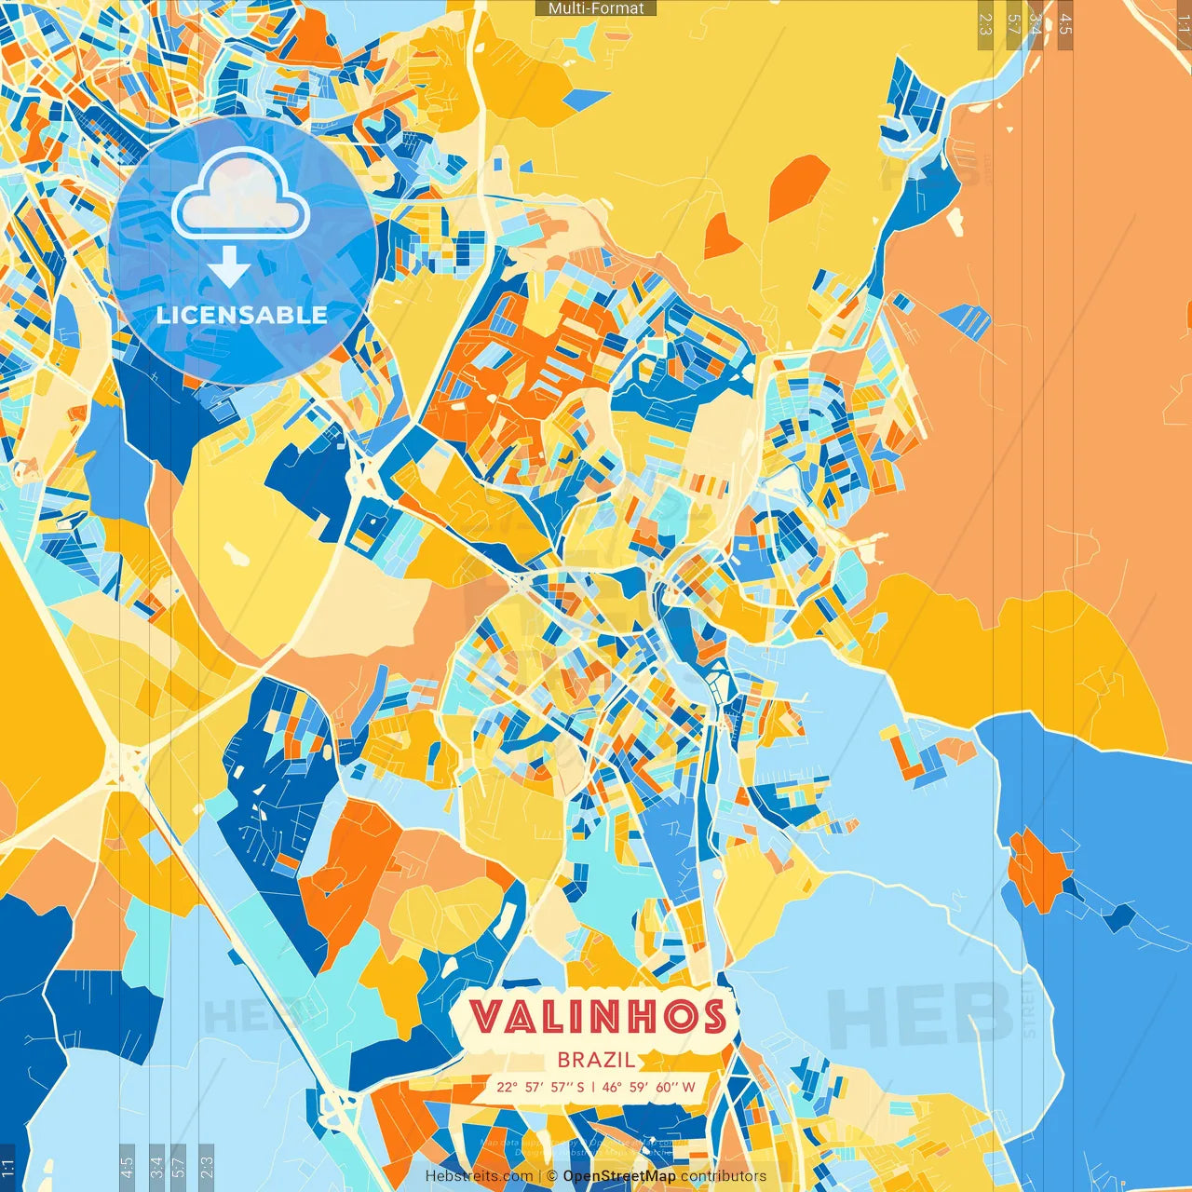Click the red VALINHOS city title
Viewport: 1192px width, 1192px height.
597,1016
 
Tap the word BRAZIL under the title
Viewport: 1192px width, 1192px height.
597,1060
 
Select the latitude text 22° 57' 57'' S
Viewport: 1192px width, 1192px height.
540,1087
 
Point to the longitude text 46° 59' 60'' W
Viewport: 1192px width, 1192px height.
650,1087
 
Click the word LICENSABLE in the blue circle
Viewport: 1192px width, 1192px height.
242,315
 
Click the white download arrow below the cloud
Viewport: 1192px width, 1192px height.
229,268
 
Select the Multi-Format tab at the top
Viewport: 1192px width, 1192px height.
596,8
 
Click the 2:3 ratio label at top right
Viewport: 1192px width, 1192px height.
985,24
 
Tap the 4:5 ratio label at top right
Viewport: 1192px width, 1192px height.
1065,24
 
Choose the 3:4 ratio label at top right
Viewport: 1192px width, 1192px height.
1036,24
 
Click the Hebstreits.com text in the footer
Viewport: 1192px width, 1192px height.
479,1176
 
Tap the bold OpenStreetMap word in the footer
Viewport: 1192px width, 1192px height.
619,1176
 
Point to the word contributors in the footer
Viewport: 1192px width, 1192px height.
724,1176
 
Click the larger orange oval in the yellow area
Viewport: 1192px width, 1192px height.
798,186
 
